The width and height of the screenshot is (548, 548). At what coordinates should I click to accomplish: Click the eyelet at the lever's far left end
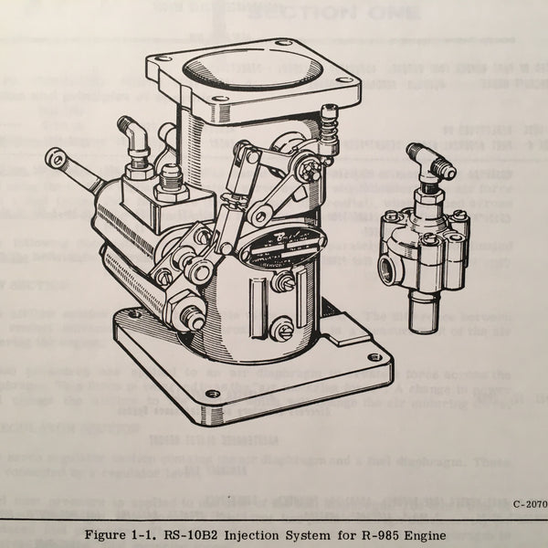pyautogui.click(x=57, y=158)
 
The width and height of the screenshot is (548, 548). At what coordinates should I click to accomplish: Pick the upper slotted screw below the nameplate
pyautogui.click(x=283, y=282)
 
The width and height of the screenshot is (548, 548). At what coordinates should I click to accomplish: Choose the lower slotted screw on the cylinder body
pyautogui.click(x=282, y=327)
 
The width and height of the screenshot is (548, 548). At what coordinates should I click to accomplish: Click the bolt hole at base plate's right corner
pyautogui.click(x=373, y=357)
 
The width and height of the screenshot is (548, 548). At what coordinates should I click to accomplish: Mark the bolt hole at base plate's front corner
pyautogui.click(x=213, y=394)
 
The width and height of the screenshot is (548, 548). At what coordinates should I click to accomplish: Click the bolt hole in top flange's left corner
pyautogui.click(x=164, y=60)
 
